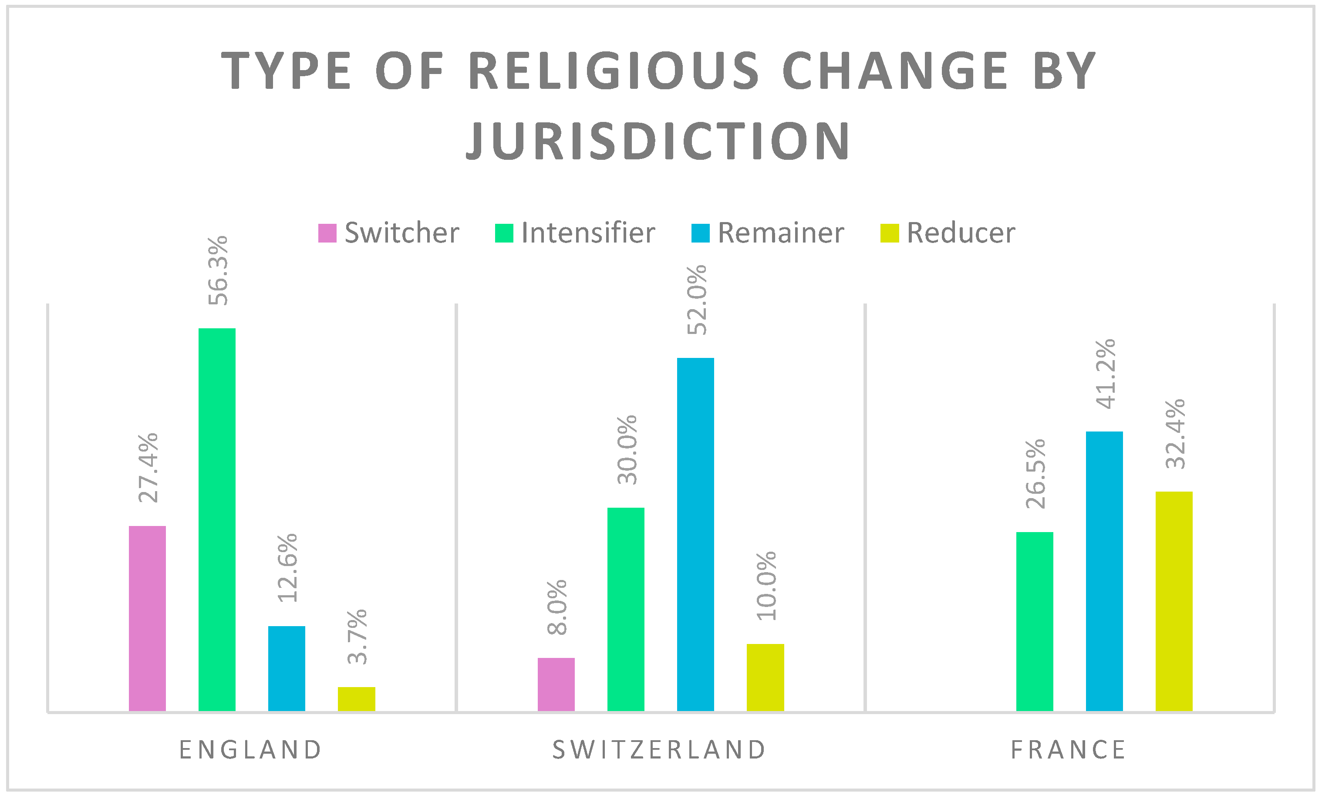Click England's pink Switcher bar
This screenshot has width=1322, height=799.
(x=147, y=618)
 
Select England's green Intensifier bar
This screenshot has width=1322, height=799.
(x=217, y=519)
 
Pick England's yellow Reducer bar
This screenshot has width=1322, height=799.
(x=356, y=699)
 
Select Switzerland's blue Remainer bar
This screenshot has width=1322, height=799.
(x=695, y=534)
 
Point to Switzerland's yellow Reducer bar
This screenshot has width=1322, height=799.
(x=765, y=677)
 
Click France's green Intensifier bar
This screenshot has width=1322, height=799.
(x=1035, y=621)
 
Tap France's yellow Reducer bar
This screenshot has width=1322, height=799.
(x=1174, y=601)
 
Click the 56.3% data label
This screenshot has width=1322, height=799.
(x=218, y=270)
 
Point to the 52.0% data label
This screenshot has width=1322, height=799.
(x=696, y=300)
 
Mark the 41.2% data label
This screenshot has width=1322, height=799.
(x=1105, y=374)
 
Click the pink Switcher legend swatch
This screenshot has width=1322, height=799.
(x=327, y=233)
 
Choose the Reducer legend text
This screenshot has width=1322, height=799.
(x=961, y=233)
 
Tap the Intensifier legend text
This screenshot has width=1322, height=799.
(x=588, y=233)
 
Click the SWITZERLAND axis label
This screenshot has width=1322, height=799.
(x=659, y=750)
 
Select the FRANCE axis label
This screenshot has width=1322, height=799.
(x=1068, y=750)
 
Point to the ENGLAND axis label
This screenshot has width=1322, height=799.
(x=250, y=750)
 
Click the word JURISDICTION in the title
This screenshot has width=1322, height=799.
(x=658, y=141)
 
